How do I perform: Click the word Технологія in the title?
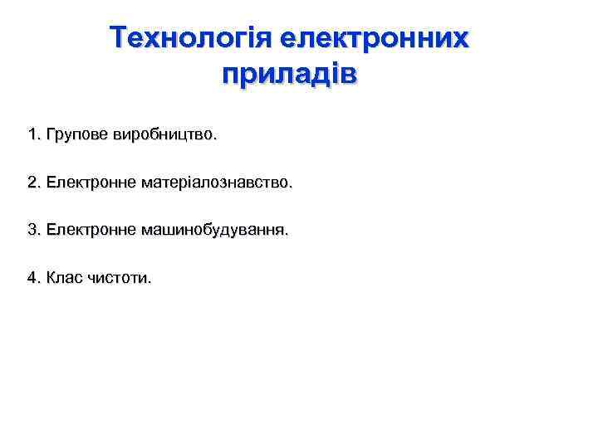click(191, 38)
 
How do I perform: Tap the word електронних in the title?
click(375, 38)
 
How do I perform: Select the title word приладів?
click(289, 74)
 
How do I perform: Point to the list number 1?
click(32, 134)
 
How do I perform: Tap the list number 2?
click(32, 182)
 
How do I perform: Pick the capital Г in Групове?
click(51, 134)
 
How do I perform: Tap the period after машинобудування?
click(287, 234)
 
